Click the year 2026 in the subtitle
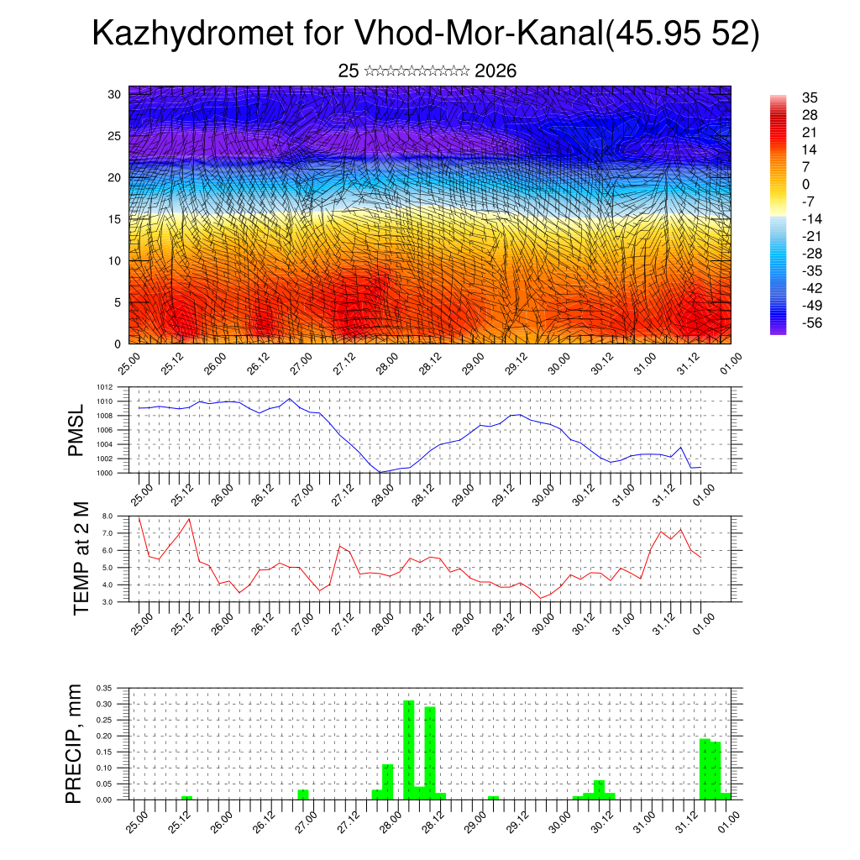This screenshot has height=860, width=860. (496, 71)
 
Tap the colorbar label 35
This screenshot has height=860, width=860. (810, 97)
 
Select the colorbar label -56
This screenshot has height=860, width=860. (812, 322)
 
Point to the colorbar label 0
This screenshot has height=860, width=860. (806, 184)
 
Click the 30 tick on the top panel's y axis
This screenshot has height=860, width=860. (114, 94)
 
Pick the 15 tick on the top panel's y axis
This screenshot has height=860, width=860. (114, 219)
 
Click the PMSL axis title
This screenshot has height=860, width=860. (76, 430)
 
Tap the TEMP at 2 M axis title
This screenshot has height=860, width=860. (81, 558)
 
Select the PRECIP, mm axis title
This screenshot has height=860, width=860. (76, 743)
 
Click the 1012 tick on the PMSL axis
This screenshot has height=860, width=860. (104, 387)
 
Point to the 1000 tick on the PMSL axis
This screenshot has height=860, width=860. (104, 473)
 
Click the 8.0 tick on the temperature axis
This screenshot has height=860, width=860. (107, 516)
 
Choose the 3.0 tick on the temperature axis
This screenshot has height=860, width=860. (107, 602)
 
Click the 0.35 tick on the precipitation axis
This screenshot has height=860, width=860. (104, 687)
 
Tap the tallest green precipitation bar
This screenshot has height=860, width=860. (409, 750)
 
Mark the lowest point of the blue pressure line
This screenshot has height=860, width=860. (380, 472)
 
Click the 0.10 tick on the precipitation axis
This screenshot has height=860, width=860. (104, 768)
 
